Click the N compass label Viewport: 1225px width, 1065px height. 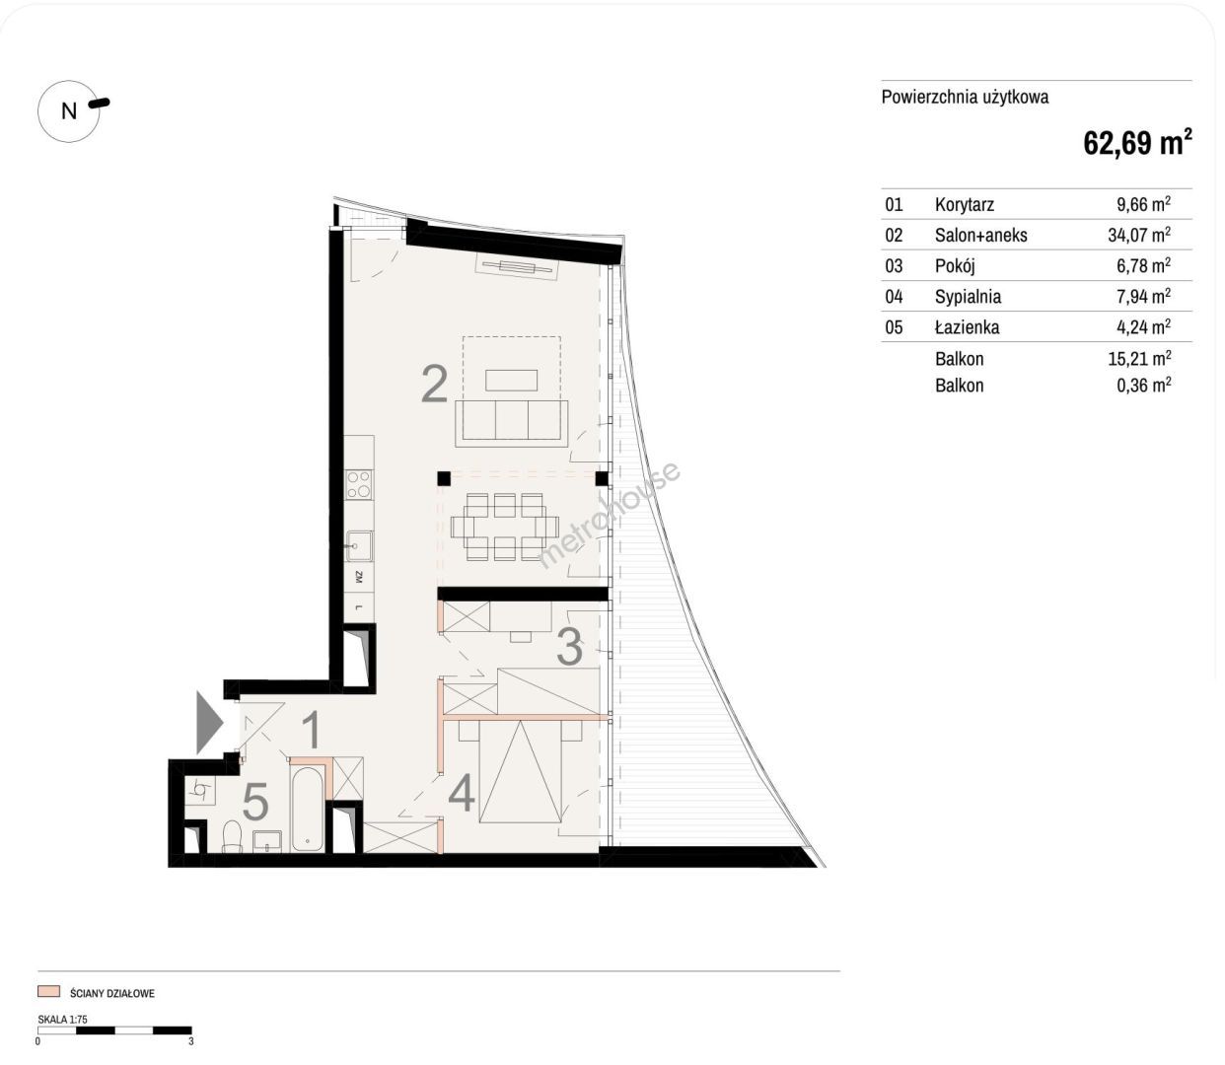coord(69,111)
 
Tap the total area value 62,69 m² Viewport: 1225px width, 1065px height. coord(1137,142)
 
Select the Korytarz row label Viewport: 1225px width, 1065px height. coord(965,205)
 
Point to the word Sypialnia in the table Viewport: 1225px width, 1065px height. coord(968,297)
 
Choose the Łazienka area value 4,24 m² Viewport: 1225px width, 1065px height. coord(1143,326)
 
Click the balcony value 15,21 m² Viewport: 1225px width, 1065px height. coord(1139,358)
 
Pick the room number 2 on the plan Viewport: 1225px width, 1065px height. coord(435,384)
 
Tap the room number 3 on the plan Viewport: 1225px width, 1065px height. coord(569,647)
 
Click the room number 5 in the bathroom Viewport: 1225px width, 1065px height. coord(255,802)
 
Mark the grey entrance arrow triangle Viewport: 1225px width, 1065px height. coord(209,722)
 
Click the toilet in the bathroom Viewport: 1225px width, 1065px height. coord(232,836)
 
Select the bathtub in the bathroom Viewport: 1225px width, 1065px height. coord(308,809)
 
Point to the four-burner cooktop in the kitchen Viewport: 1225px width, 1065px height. coord(359,485)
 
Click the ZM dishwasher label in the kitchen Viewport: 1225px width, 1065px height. coord(359,577)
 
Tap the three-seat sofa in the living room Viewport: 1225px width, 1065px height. coord(511,424)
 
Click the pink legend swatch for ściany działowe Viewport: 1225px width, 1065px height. coord(49,991)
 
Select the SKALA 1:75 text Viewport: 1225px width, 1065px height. coord(63,1019)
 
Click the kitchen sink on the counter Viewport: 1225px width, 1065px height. coord(359,546)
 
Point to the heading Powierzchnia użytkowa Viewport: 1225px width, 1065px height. coord(966,97)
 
